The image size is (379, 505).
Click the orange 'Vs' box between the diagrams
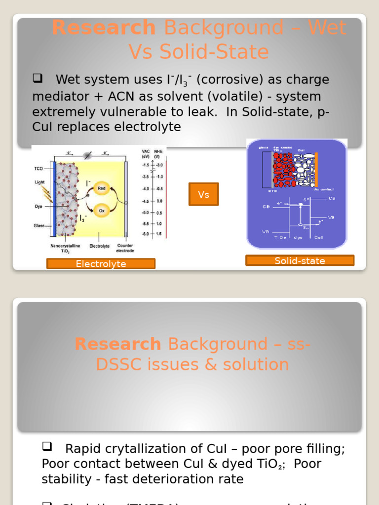(204, 194)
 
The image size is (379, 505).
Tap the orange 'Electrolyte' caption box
(101, 264)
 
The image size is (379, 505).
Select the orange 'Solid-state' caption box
(300, 260)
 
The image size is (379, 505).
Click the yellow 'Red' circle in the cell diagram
(102, 188)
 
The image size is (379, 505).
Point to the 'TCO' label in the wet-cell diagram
(39, 169)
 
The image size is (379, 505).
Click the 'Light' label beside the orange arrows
(39, 182)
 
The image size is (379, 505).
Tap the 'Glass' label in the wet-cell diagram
(39, 226)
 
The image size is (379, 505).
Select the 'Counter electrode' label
(125, 248)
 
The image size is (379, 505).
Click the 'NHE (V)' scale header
(157, 153)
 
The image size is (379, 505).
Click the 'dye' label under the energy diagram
(298, 237)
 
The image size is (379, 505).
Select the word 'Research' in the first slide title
(104, 28)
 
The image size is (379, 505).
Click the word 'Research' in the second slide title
(117, 344)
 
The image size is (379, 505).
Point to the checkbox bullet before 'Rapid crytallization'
(47, 447)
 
